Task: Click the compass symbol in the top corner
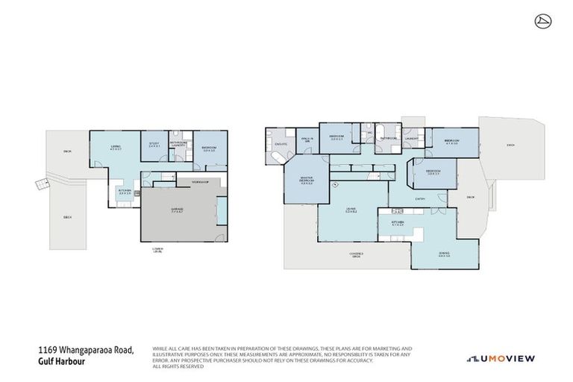tap(542, 21)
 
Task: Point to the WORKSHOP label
tap(199, 182)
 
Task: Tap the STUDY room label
tap(154, 145)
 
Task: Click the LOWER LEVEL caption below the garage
tap(157, 249)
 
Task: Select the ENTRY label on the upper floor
tap(421, 198)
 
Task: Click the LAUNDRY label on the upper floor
tap(411, 138)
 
